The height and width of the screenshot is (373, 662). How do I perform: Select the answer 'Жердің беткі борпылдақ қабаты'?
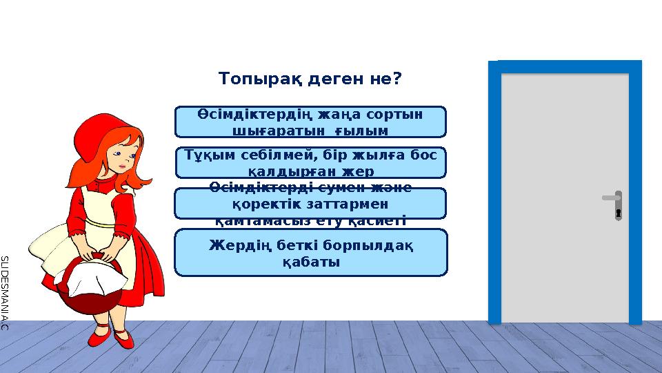point(311,252)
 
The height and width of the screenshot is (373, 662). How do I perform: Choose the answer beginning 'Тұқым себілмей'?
point(311,162)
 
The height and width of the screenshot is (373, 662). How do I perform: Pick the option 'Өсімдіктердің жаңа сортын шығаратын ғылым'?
point(311,122)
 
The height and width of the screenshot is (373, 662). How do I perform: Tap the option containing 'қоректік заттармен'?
point(311,204)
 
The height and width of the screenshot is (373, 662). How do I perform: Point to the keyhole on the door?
point(619,212)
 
